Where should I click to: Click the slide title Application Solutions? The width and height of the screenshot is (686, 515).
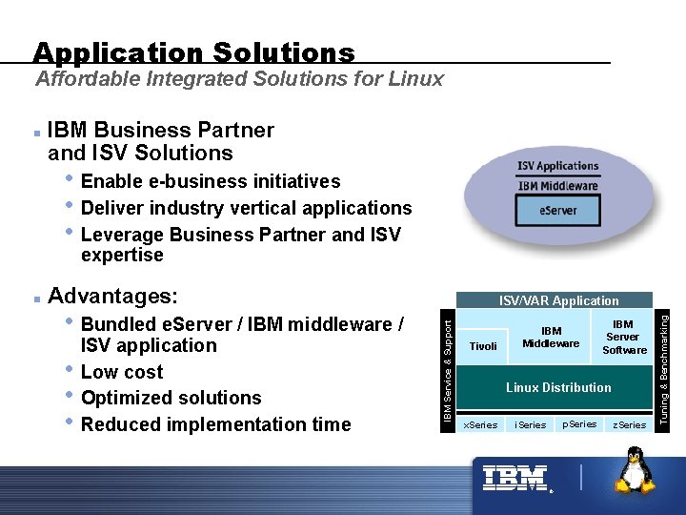tap(193, 52)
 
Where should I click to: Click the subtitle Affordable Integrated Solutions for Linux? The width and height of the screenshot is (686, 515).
tap(239, 79)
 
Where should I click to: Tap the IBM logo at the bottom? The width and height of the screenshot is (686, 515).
tap(515, 479)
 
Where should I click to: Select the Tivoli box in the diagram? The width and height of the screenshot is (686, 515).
tap(483, 346)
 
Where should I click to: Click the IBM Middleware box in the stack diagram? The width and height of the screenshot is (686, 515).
tap(551, 338)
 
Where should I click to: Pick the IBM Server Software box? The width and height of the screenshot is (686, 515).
tap(624, 338)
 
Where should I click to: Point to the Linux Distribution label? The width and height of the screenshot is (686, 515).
tap(558, 387)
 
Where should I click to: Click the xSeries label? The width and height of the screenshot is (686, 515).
tap(480, 424)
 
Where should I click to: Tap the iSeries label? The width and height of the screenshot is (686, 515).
tap(530, 424)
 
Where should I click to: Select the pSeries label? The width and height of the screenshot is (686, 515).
tap(579, 423)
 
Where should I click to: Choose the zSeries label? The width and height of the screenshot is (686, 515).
tap(629, 424)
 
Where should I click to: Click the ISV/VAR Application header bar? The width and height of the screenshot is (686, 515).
tap(558, 300)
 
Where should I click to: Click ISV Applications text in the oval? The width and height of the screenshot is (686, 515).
tap(558, 166)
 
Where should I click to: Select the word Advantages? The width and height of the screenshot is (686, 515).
tap(113, 297)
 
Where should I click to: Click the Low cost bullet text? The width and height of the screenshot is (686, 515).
tap(122, 372)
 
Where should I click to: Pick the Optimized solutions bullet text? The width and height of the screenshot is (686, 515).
tap(171, 398)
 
